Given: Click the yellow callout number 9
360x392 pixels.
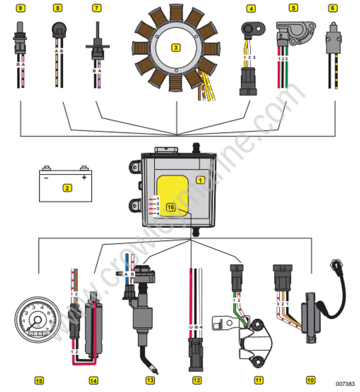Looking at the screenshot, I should [21, 8].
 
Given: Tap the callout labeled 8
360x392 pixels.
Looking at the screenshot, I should [58, 8].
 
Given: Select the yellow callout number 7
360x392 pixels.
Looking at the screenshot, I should [97, 8].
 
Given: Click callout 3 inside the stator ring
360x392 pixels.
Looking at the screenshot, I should [176, 47].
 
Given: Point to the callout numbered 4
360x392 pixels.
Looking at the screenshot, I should [251, 8].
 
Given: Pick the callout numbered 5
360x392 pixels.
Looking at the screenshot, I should [293, 8].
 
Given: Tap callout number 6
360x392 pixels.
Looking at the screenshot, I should [332, 8].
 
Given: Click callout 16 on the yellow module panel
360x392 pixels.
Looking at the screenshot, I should [170, 207].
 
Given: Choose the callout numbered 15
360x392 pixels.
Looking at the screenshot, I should [39, 380].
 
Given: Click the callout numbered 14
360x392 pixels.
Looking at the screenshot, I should [93, 380].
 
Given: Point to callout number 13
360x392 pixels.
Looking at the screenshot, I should [150, 380].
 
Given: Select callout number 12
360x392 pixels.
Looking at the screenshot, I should [197, 380].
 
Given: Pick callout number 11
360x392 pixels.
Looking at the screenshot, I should [259, 380].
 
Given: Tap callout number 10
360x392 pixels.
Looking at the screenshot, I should [310, 380].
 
